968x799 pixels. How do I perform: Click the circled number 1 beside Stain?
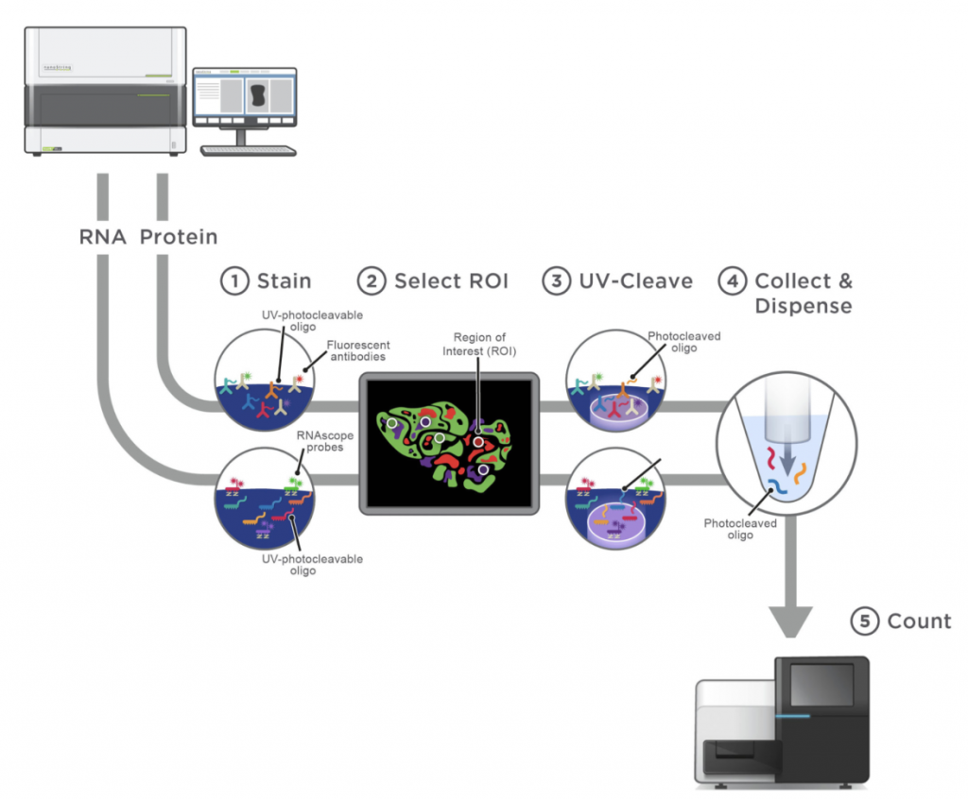(x=233, y=280)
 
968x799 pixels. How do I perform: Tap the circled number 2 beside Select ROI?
(x=372, y=280)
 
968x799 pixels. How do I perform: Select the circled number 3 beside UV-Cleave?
(x=556, y=280)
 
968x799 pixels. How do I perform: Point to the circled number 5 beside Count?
(x=864, y=620)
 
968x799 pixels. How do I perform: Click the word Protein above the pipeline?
(x=179, y=236)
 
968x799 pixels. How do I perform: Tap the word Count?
(x=919, y=620)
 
